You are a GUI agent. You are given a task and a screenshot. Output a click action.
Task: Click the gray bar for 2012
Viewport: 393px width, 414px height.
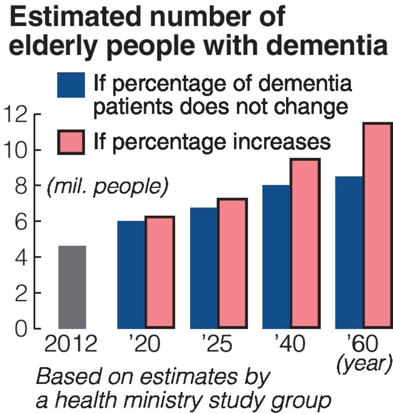click(72, 287)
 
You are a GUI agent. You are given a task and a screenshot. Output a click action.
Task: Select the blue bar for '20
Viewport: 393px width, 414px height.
click(131, 275)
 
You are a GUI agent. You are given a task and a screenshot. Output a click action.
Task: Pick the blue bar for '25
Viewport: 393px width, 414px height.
click(204, 268)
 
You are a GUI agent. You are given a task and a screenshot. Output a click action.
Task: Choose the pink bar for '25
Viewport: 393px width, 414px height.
click(232, 263)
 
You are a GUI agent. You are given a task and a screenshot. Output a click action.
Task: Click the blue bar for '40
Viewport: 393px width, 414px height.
click(276, 257)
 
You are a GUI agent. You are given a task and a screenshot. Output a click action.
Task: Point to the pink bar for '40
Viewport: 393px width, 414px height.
click(305, 244)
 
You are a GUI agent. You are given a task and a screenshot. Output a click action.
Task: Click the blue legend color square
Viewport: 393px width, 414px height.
click(71, 84)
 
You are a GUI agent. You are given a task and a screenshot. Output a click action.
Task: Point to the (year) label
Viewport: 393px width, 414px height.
click(364, 364)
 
